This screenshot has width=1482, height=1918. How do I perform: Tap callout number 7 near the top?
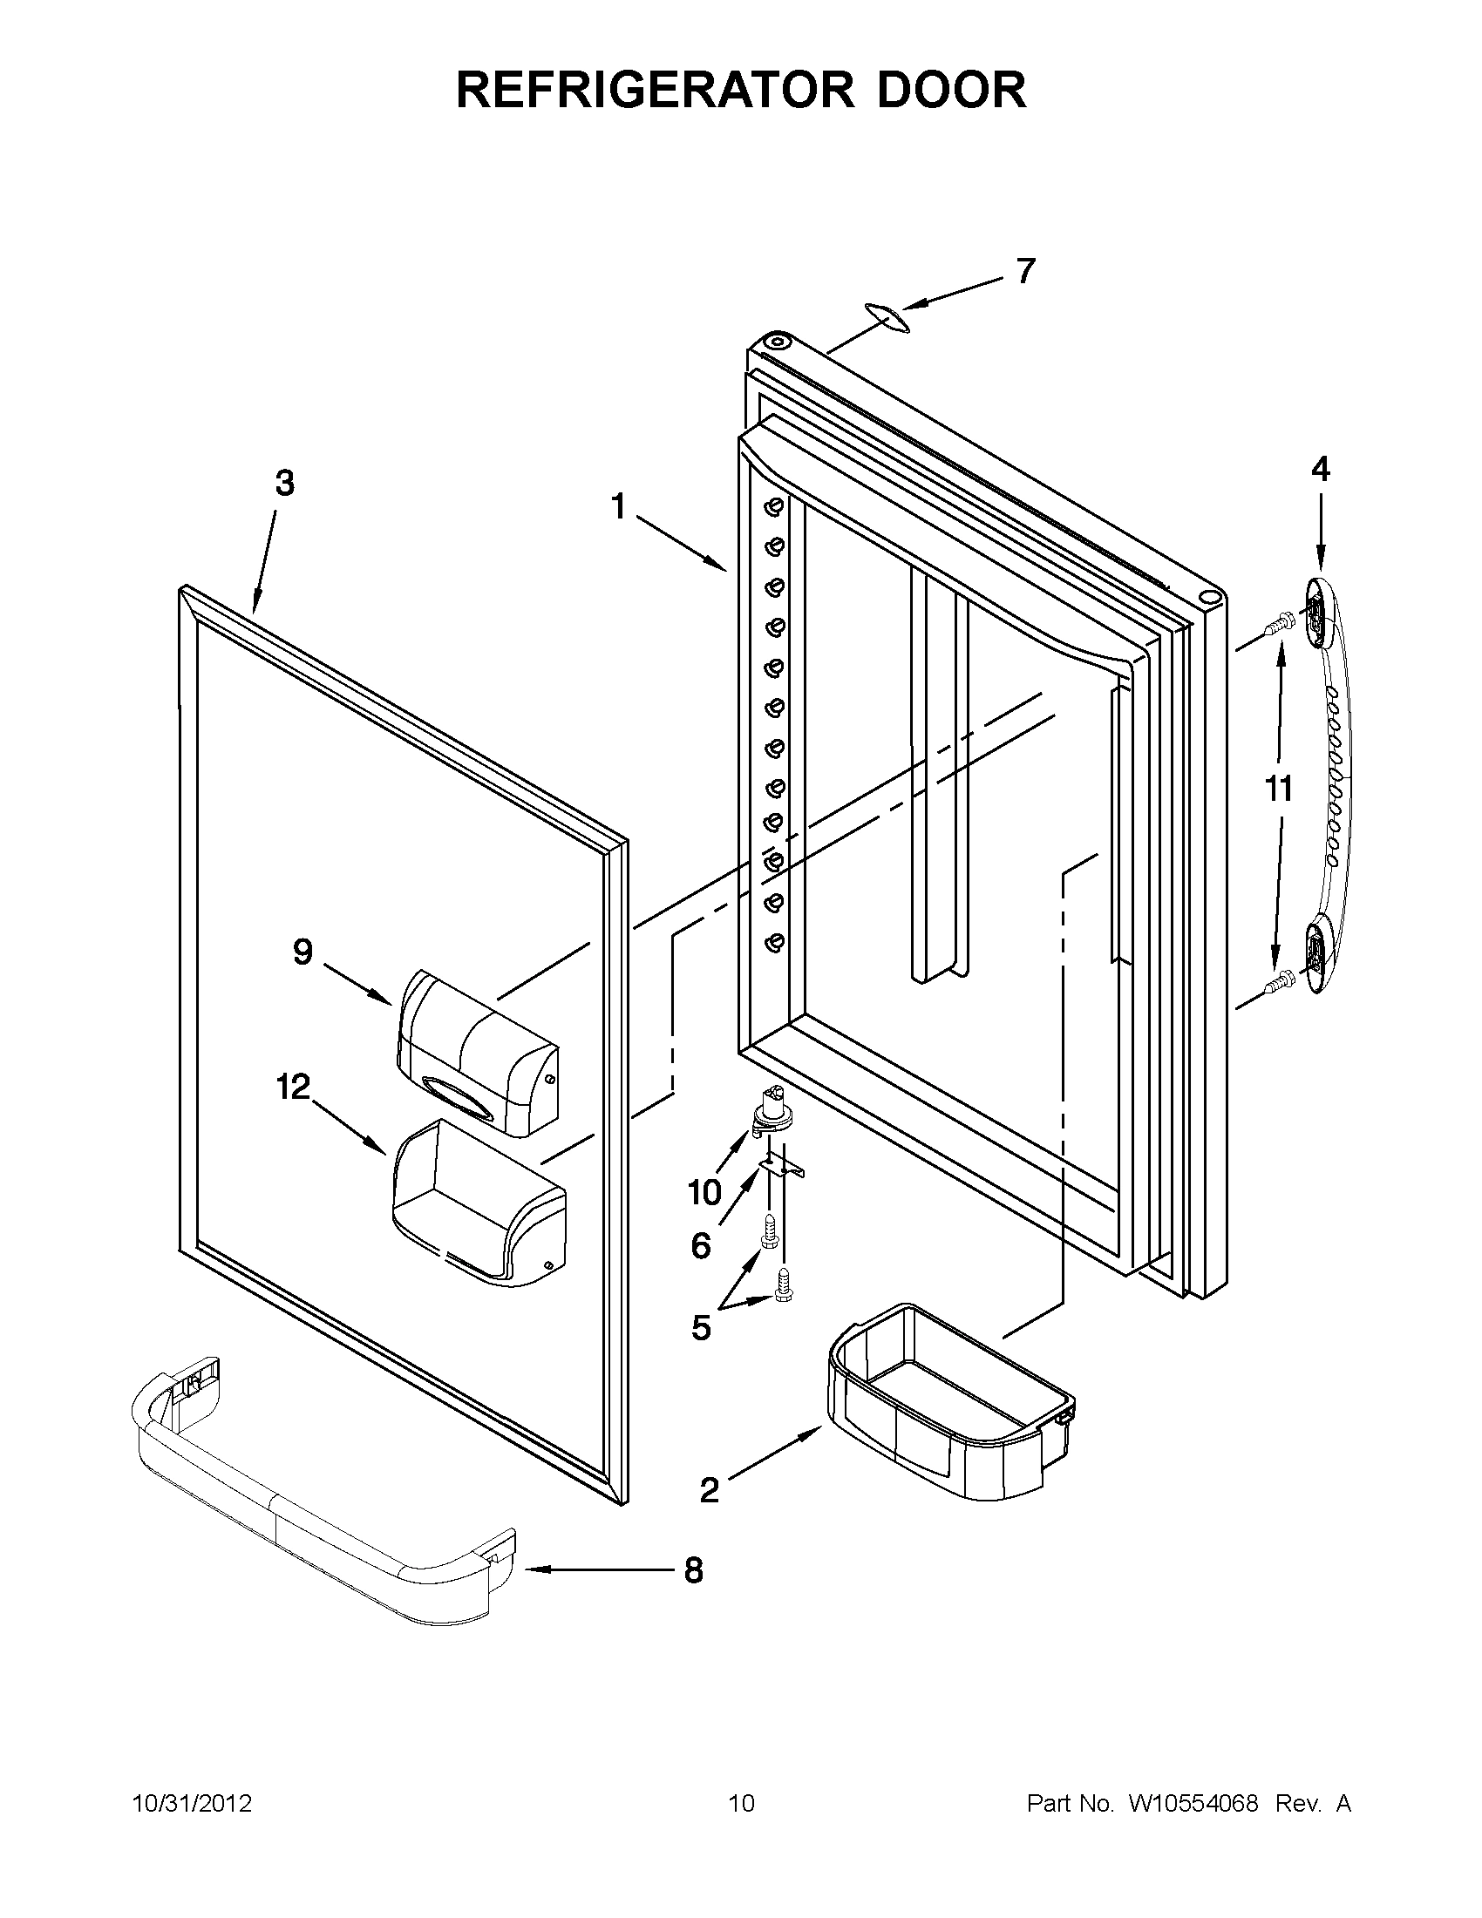pos(1025,271)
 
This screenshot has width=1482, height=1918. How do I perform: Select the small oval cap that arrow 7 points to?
pos(886,318)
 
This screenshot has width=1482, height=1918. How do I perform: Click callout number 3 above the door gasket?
pos(284,483)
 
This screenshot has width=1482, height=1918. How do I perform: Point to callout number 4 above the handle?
pos(1321,470)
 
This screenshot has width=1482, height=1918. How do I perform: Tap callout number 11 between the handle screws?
pos(1278,789)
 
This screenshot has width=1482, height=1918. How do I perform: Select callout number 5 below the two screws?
pos(700,1329)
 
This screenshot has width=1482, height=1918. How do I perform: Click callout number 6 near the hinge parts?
pos(700,1245)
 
